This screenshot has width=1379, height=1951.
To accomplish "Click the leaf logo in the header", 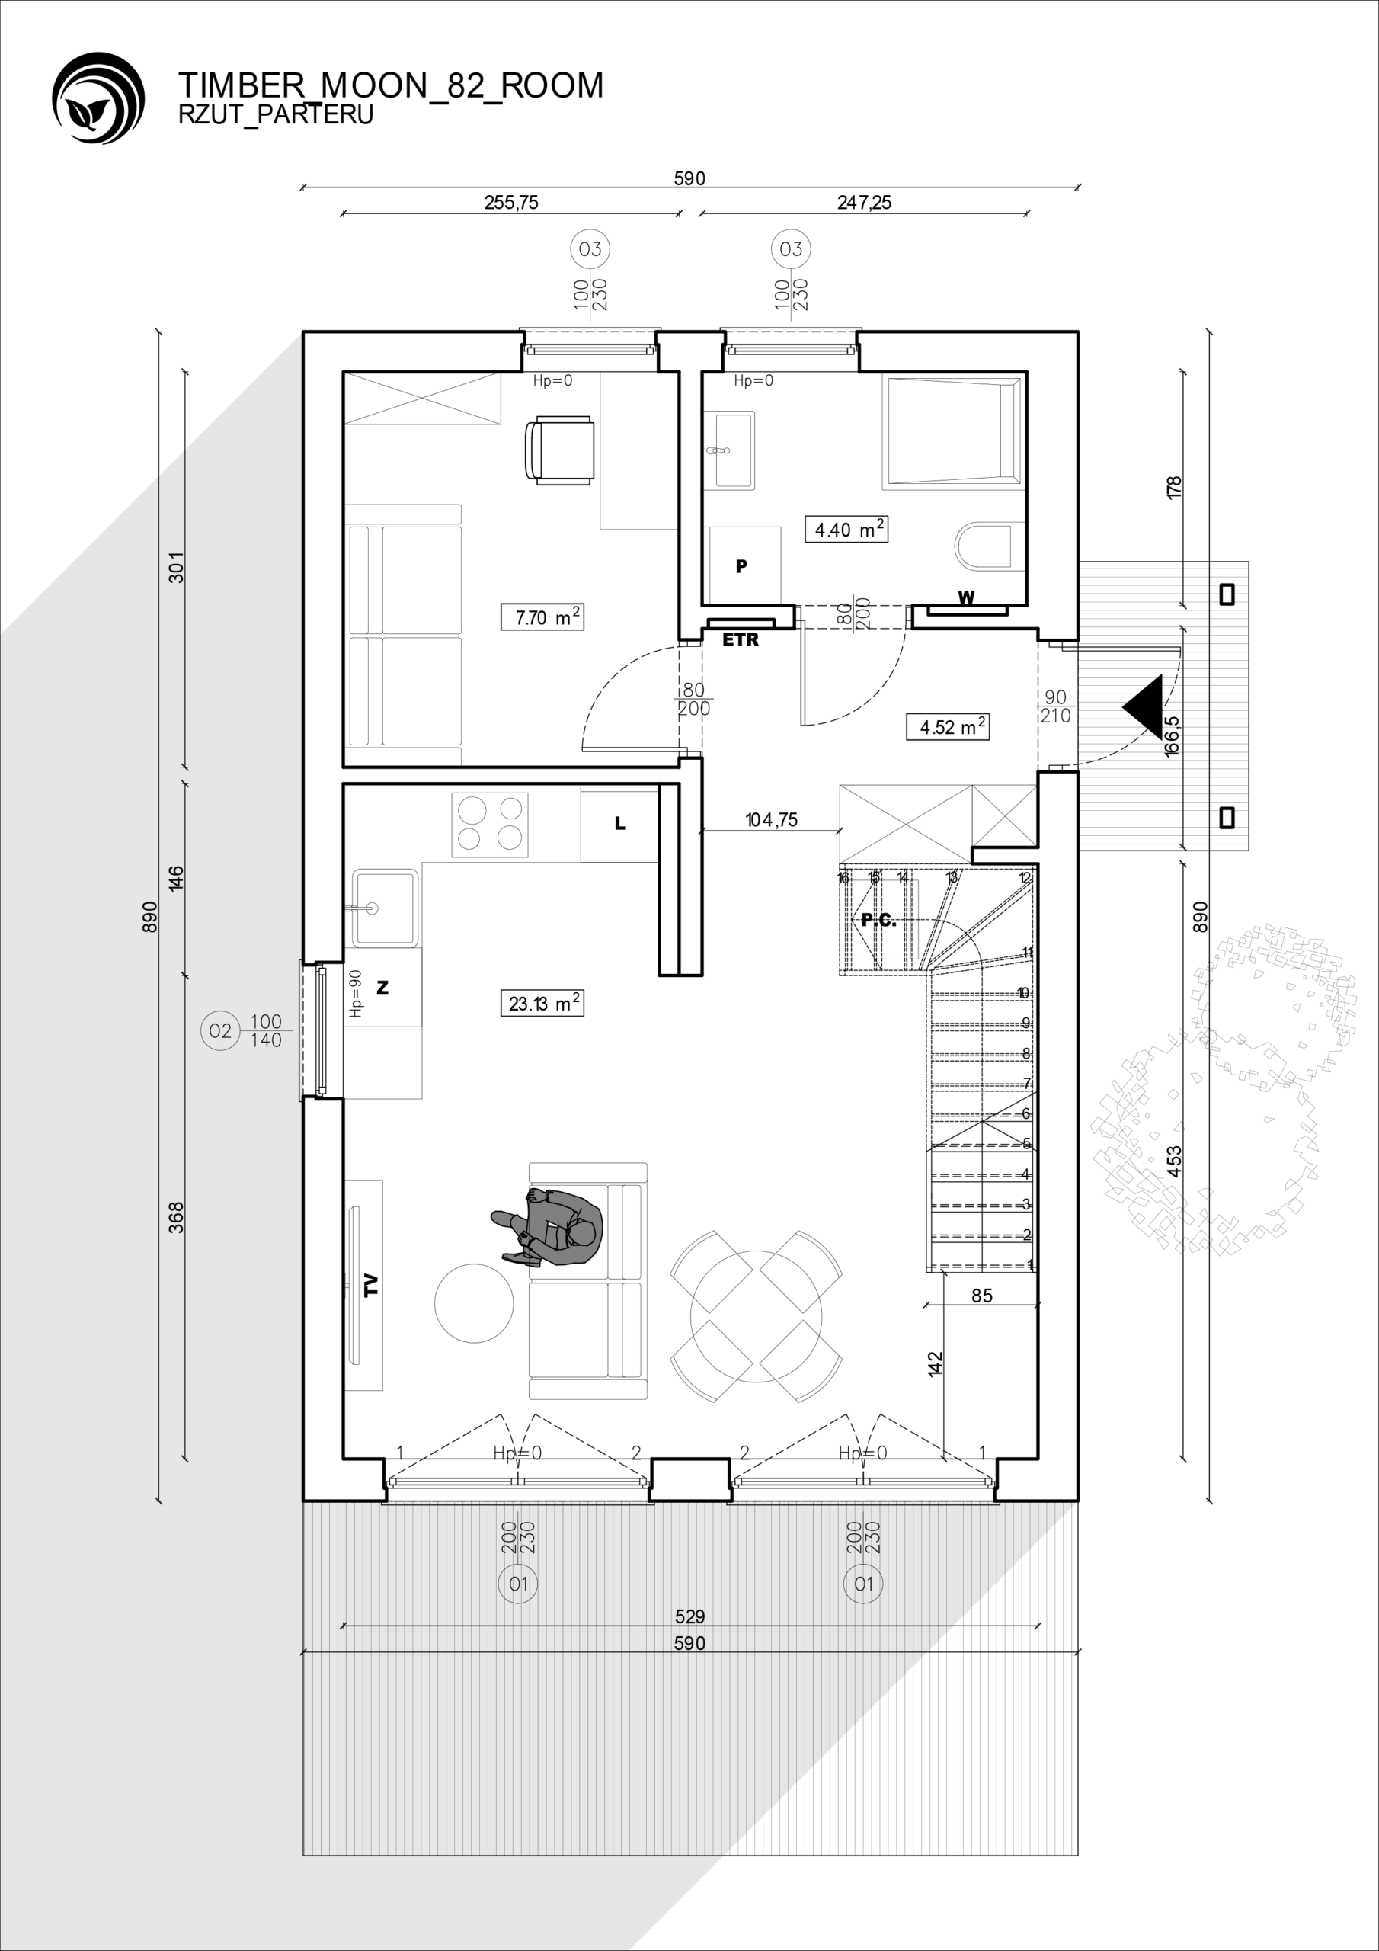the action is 98,98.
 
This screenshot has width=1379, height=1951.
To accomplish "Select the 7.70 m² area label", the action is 542,617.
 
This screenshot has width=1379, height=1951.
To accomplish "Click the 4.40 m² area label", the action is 846,530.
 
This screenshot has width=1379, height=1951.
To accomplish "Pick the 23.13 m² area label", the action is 542,1003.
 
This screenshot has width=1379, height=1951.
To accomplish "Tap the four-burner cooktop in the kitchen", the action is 489,825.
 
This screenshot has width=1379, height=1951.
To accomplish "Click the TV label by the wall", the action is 370,1284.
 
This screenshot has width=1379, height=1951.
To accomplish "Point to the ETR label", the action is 740,641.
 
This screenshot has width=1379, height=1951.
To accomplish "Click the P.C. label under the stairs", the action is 878,919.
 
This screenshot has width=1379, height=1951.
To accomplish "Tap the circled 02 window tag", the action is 219,1030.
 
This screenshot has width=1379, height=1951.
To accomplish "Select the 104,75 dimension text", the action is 771,820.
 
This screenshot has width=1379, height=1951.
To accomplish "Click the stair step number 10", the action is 1024,993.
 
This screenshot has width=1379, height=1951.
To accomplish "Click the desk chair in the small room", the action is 560,450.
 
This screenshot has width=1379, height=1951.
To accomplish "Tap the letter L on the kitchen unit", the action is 620,822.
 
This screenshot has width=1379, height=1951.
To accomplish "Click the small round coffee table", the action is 474,1302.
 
